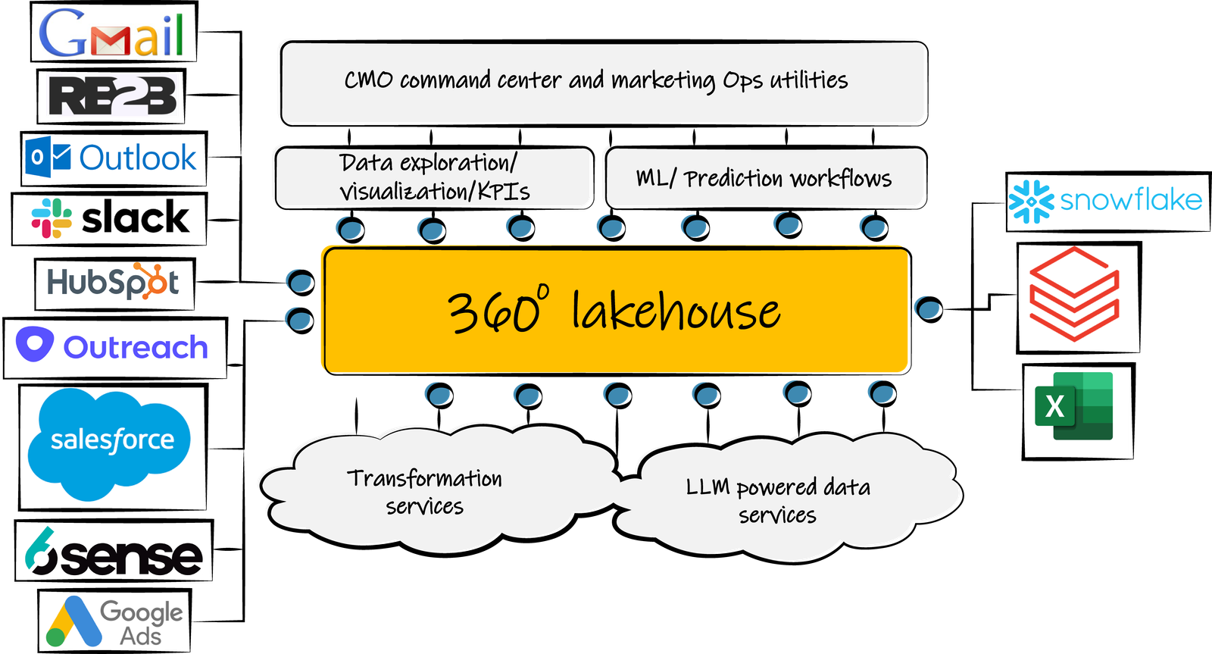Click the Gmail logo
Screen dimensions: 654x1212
(x=111, y=33)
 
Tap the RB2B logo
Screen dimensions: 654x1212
(x=112, y=96)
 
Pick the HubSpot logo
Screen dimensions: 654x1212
(x=112, y=282)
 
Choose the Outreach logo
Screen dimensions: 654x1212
(x=113, y=346)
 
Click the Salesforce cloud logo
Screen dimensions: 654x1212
(x=111, y=444)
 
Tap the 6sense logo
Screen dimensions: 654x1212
(x=114, y=552)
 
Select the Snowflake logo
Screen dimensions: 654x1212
(x=1104, y=200)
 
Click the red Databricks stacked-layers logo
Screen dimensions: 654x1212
(x=1074, y=295)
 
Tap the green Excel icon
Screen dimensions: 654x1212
(x=1075, y=407)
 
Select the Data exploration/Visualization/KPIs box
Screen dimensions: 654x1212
(x=432, y=177)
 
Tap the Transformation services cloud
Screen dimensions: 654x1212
(x=425, y=491)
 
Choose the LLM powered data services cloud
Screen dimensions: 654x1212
(x=777, y=500)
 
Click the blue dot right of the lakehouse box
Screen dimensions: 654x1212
(x=926, y=308)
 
